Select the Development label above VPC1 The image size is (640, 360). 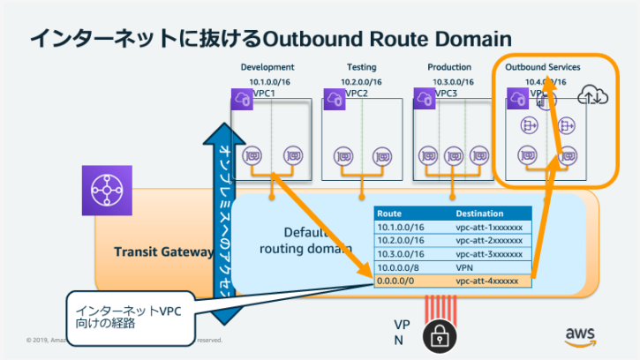pos(267,67)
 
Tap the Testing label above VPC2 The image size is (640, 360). pos(361,67)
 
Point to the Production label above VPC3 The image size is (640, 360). pos(449,67)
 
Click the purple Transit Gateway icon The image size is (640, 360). pos(106,189)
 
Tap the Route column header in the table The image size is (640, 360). pos(389,214)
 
